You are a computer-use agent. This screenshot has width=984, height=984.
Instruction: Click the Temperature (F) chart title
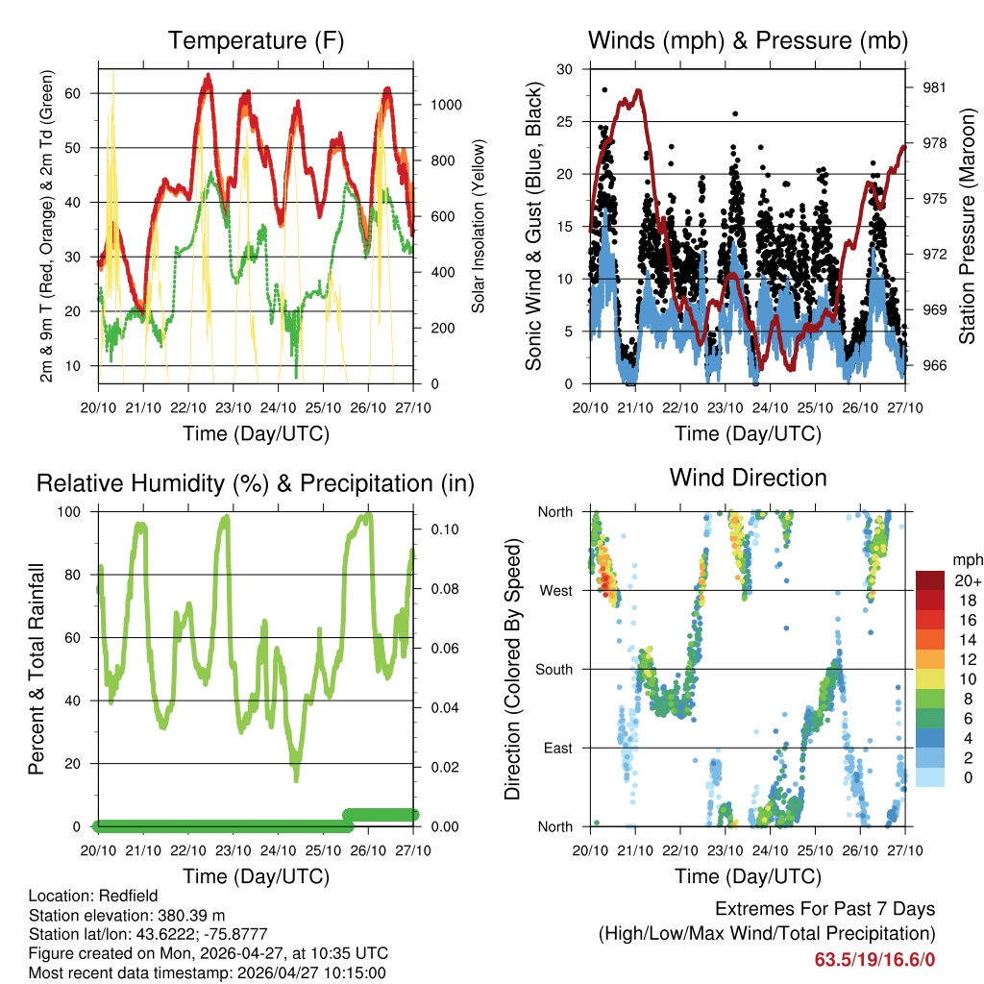pyautogui.click(x=256, y=40)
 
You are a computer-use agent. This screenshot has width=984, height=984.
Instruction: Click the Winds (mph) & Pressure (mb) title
pyautogui.click(x=749, y=40)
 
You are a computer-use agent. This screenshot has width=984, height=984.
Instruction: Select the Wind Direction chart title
pyautogui.click(x=748, y=477)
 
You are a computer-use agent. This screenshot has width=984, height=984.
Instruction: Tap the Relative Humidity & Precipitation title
pyautogui.click(x=256, y=483)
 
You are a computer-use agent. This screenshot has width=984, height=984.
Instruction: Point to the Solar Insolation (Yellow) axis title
pyautogui.click(x=478, y=226)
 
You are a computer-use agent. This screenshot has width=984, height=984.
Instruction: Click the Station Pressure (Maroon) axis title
pyautogui.click(x=967, y=226)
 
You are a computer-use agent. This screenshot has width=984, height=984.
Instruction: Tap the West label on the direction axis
pyautogui.click(x=555, y=590)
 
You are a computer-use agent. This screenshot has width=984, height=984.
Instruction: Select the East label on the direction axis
pyautogui.click(x=557, y=748)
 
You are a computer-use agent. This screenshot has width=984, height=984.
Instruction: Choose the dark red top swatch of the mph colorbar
pyautogui.click(x=930, y=580)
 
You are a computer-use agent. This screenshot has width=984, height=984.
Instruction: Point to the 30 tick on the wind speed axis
pyautogui.click(x=564, y=69)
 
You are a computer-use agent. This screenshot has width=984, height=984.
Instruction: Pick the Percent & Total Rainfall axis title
pyautogui.click(x=37, y=669)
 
